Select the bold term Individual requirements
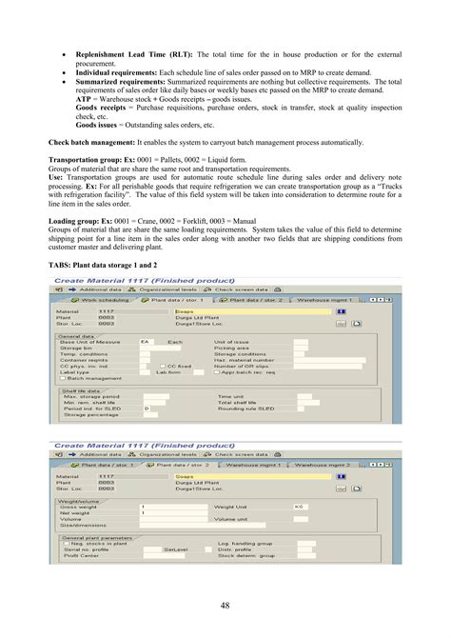coord(114,71)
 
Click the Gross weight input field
coord(171,508)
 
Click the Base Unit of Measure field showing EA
coord(145,314)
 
